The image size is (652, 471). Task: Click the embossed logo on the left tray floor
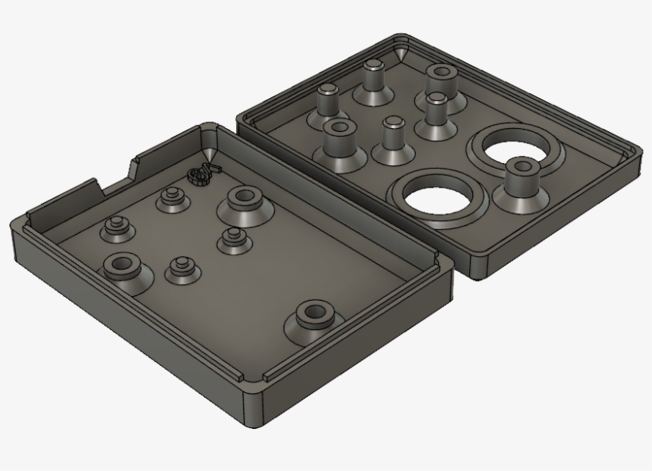(202, 173)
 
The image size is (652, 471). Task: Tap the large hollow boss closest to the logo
(242, 201)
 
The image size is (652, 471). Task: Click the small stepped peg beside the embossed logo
(169, 198)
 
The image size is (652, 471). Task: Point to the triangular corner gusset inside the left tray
(210, 151)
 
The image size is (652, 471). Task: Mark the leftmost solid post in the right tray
(328, 101)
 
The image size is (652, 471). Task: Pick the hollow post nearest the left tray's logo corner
(339, 139)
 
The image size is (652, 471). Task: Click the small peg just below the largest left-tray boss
(232, 239)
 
